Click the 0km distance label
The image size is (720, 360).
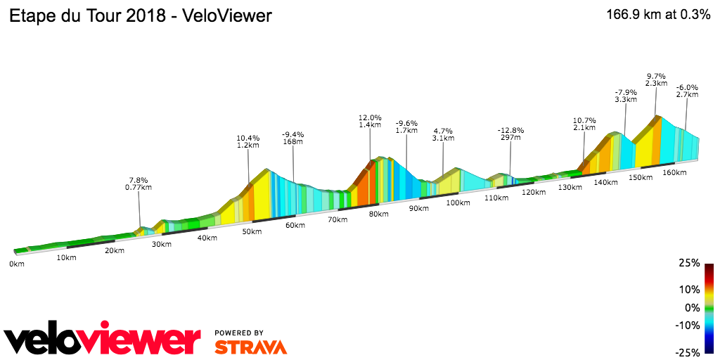click(x=17, y=264)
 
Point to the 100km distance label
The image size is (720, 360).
click(x=458, y=203)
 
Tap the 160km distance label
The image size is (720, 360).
click(x=674, y=172)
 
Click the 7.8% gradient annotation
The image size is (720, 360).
click(x=139, y=179)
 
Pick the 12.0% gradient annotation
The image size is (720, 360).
click(x=370, y=118)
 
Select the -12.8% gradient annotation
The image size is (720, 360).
click(x=511, y=131)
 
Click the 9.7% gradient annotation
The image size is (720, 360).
click(x=656, y=76)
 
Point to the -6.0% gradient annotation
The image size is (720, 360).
click(x=687, y=88)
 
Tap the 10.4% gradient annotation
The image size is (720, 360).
click(x=248, y=139)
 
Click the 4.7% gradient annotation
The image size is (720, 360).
click(x=443, y=131)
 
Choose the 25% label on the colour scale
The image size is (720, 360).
click(x=690, y=263)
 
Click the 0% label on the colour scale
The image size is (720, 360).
click(x=693, y=308)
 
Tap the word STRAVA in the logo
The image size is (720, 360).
click(x=250, y=347)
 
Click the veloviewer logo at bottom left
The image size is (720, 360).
click(x=103, y=340)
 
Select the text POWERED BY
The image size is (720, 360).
click(x=239, y=333)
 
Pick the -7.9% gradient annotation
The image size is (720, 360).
click(x=626, y=92)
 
